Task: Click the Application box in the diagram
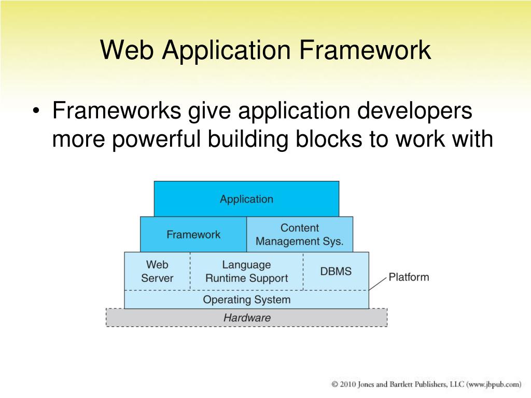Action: click(x=246, y=199)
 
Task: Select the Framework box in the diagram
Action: click(x=193, y=234)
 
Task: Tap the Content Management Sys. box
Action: click(x=300, y=234)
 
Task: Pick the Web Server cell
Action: click(x=157, y=271)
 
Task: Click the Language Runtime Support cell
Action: click(x=246, y=271)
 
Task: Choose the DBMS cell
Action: click(x=336, y=271)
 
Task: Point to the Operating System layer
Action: click(x=246, y=300)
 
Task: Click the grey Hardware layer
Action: click(x=246, y=318)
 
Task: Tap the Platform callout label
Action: click(x=409, y=277)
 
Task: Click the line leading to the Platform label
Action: click(x=378, y=283)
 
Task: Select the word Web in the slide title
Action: click(x=128, y=50)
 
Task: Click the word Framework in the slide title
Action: click(x=365, y=50)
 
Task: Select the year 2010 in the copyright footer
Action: click(x=348, y=385)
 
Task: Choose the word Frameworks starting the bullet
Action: click(x=117, y=110)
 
